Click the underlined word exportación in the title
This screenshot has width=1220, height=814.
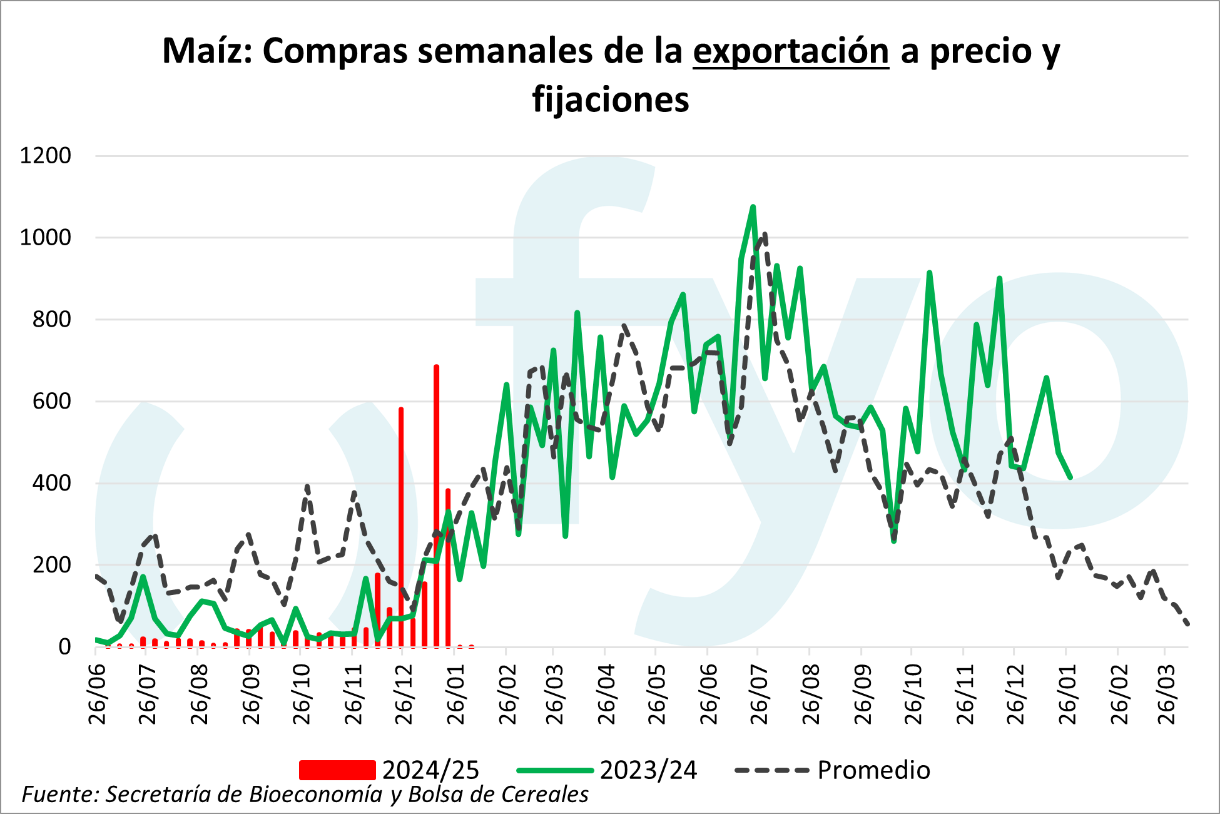[790, 51]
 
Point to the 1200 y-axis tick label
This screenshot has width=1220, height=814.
[46, 156]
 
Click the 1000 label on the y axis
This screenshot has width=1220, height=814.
[46, 238]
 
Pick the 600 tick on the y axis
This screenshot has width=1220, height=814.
[52, 402]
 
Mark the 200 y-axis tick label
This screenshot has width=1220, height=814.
[52, 565]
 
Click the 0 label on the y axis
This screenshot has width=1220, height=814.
[65, 647]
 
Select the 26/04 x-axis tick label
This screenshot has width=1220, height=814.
[606, 694]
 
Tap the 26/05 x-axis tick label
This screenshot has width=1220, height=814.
[657, 694]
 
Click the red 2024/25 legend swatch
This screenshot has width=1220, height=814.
[337, 770]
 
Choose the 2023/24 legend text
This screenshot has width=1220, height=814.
[648, 770]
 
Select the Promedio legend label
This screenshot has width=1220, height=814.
[873, 770]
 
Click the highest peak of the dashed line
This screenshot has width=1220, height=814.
[765, 234]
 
